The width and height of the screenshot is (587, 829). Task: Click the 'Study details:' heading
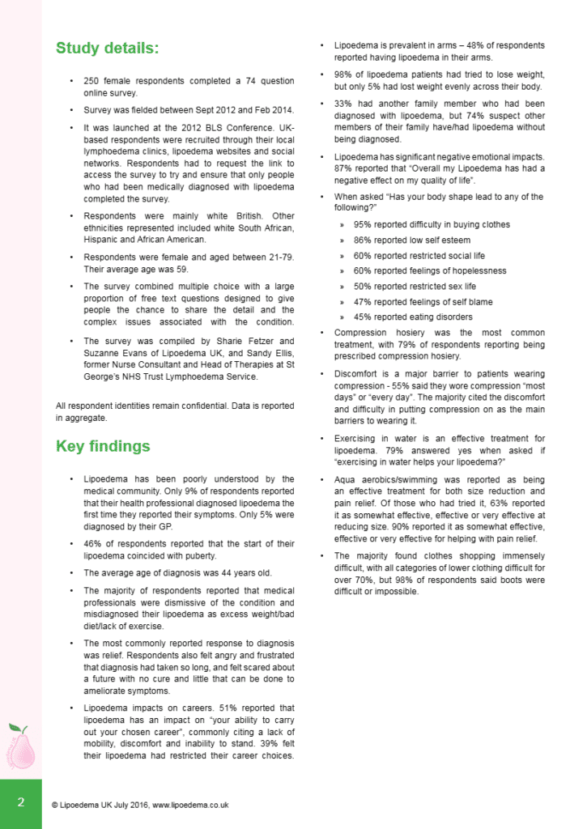click(x=108, y=49)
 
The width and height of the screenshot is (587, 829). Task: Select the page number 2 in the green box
click(x=21, y=803)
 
